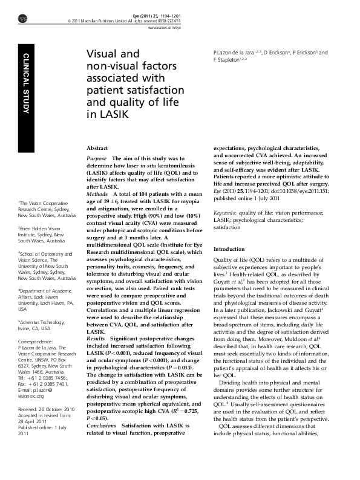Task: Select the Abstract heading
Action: click(x=97, y=148)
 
